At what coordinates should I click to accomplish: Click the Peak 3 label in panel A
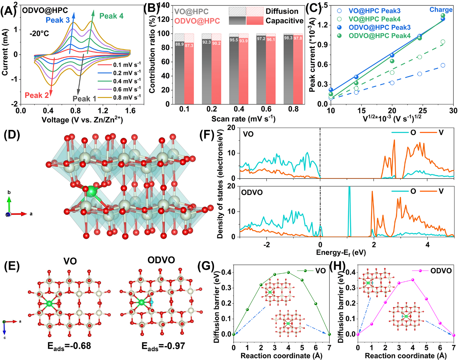click(58, 20)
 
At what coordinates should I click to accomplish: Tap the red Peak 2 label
click(36, 95)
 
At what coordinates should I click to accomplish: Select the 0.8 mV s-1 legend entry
click(119, 97)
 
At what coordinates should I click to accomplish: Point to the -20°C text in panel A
click(39, 34)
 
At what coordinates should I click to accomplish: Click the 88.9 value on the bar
click(179, 44)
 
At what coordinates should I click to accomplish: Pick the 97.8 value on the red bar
click(298, 38)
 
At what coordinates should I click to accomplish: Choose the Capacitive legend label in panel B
click(284, 21)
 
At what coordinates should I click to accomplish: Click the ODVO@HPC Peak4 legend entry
click(379, 36)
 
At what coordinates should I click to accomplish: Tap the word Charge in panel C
click(441, 10)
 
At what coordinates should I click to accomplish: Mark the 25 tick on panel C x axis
click(423, 111)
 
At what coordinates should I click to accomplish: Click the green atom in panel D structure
click(92, 191)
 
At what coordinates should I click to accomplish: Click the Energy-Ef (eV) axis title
click(341, 252)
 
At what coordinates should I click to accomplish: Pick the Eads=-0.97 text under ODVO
click(163, 347)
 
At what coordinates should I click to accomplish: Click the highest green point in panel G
click(288, 272)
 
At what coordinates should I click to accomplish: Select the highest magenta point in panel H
click(413, 280)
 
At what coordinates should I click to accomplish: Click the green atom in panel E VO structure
click(49, 304)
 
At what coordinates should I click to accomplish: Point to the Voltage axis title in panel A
click(82, 120)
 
